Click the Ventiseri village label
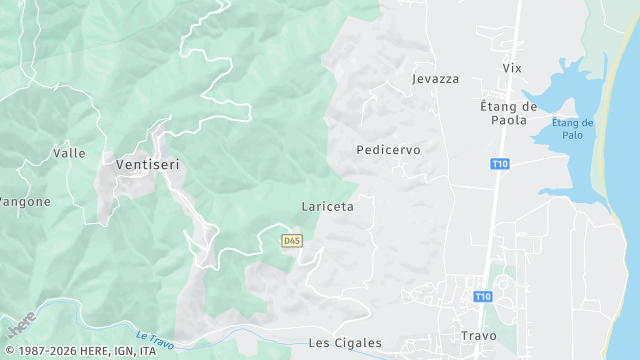coord(147,164)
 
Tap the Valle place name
coord(68,153)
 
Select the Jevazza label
coord(435,77)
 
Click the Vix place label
coord(512,67)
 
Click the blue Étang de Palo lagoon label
coord(572,129)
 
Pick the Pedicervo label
coord(388,149)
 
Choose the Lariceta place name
coord(327,206)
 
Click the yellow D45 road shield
coord(291,241)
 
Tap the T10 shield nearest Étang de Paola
coord(500,163)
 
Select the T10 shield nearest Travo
coord(483,296)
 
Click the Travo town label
coord(478,335)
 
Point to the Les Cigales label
coord(345,342)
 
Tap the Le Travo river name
coord(154,338)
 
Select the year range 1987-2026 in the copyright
coord(50,351)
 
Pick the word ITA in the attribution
coord(148,351)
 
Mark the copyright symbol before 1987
coord(9,351)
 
